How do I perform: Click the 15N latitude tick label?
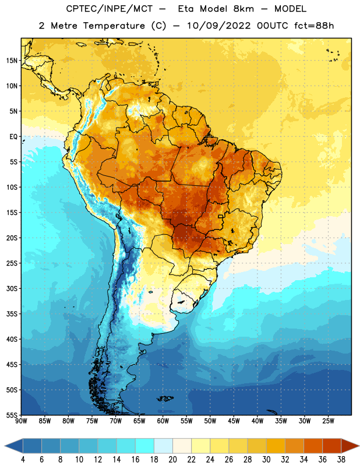click(x=12, y=61)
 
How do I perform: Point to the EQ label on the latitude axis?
click(x=13, y=137)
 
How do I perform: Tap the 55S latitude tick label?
click(x=12, y=415)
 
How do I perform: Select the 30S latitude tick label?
click(x=12, y=288)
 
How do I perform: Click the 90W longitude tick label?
click(x=21, y=421)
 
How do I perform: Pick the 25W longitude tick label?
click(x=328, y=421)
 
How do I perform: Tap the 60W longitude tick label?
click(x=163, y=421)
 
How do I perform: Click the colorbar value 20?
click(x=172, y=460)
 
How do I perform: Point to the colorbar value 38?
click(x=341, y=460)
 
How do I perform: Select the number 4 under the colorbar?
click(x=23, y=460)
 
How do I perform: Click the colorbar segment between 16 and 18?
click(x=145, y=446)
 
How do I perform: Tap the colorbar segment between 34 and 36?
click(x=313, y=446)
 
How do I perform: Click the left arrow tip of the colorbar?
click(x=5, y=446)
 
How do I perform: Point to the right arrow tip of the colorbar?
click(x=359, y=446)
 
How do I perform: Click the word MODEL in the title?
click(x=290, y=9)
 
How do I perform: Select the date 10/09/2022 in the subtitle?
click(x=219, y=26)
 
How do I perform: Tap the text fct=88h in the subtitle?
click(x=314, y=26)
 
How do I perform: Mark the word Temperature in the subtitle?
click(x=114, y=26)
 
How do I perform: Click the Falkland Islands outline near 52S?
click(x=165, y=398)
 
